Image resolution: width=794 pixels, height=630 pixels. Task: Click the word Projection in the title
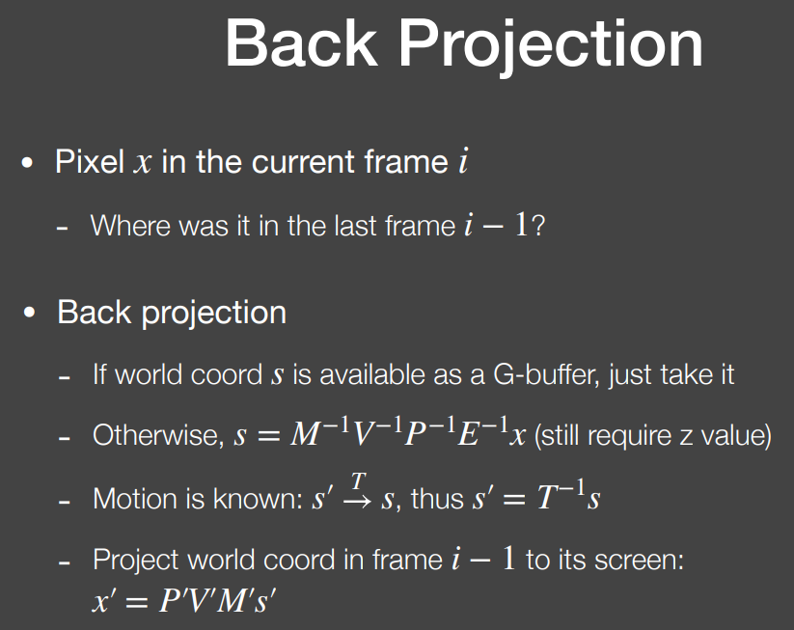[551, 46]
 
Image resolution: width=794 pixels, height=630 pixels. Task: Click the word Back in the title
[302, 42]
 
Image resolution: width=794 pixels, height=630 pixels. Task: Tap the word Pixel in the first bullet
[90, 162]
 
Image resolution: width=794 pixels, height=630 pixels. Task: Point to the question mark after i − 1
[538, 226]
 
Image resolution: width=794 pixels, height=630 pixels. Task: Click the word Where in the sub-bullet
[130, 226]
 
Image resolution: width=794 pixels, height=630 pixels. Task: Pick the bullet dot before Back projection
[29, 313]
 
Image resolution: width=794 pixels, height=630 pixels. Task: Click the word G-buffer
[546, 374]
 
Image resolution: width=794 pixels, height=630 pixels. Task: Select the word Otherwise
[158, 435]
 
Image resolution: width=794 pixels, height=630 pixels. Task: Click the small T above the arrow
[358, 481]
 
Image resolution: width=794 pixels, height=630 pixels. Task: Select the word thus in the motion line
[437, 499]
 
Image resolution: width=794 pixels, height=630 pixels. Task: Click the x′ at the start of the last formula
[105, 601]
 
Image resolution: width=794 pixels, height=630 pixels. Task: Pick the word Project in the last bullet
[136, 562]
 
